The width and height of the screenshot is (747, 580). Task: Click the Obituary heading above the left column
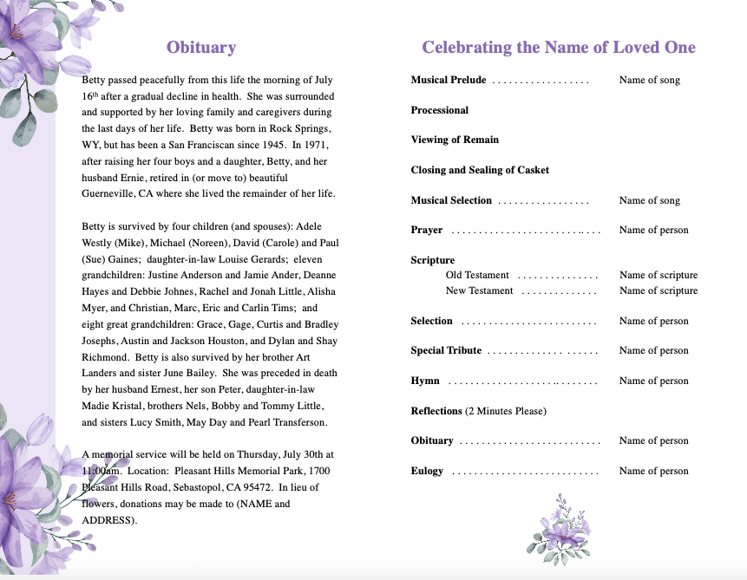(200, 48)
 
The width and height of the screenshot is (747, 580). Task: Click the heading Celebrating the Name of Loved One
(558, 48)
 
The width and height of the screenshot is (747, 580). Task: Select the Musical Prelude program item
(449, 80)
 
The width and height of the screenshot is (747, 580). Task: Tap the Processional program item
(440, 110)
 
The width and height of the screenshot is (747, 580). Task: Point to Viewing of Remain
(455, 140)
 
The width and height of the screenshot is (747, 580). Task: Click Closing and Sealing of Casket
(480, 170)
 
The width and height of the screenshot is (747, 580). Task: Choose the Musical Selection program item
(451, 200)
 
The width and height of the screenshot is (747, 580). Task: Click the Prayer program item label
(427, 230)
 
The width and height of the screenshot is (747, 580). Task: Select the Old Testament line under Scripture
(477, 275)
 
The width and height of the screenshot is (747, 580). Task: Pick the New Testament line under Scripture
(479, 290)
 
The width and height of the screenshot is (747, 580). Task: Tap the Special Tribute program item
(446, 350)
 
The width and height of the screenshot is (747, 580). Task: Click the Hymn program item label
(425, 381)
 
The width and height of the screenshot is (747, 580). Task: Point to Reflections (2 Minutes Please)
(479, 410)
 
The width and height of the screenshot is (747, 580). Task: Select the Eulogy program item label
(427, 471)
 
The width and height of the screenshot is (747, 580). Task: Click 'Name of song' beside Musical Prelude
(649, 80)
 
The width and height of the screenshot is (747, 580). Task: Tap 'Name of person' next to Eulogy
(653, 471)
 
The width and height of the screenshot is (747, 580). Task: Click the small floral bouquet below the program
(560, 525)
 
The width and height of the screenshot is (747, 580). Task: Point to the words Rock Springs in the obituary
(295, 127)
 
